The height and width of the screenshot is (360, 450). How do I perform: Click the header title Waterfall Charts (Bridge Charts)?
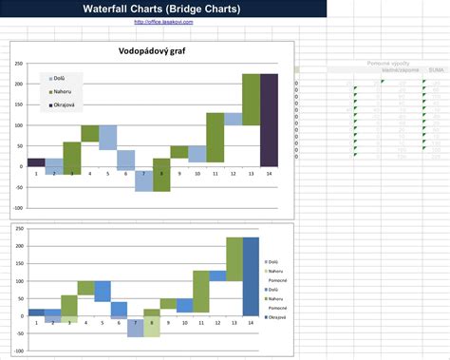pyautogui.click(x=163, y=9)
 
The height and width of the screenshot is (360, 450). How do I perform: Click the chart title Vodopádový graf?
pyautogui.click(x=151, y=51)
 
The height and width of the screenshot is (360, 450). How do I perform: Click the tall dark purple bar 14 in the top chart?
pyautogui.click(x=269, y=120)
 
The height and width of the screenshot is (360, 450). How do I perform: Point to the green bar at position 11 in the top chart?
pyautogui.click(x=216, y=138)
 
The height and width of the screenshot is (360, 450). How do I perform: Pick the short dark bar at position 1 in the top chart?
pyautogui.click(x=36, y=162)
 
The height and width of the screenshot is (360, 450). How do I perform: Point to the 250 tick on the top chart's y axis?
pyautogui.click(x=19, y=64)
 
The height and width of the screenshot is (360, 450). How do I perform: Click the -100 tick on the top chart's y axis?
pyautogui.click(x=18, y=208)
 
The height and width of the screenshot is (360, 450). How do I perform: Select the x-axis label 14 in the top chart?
pyautogui.click(x=269, y=174)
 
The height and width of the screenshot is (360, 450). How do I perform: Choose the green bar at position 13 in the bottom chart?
pyautogui.click(x=234, y=259)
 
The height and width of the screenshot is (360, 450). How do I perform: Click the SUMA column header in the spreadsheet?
pyautogui.click(x=436, y=70)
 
